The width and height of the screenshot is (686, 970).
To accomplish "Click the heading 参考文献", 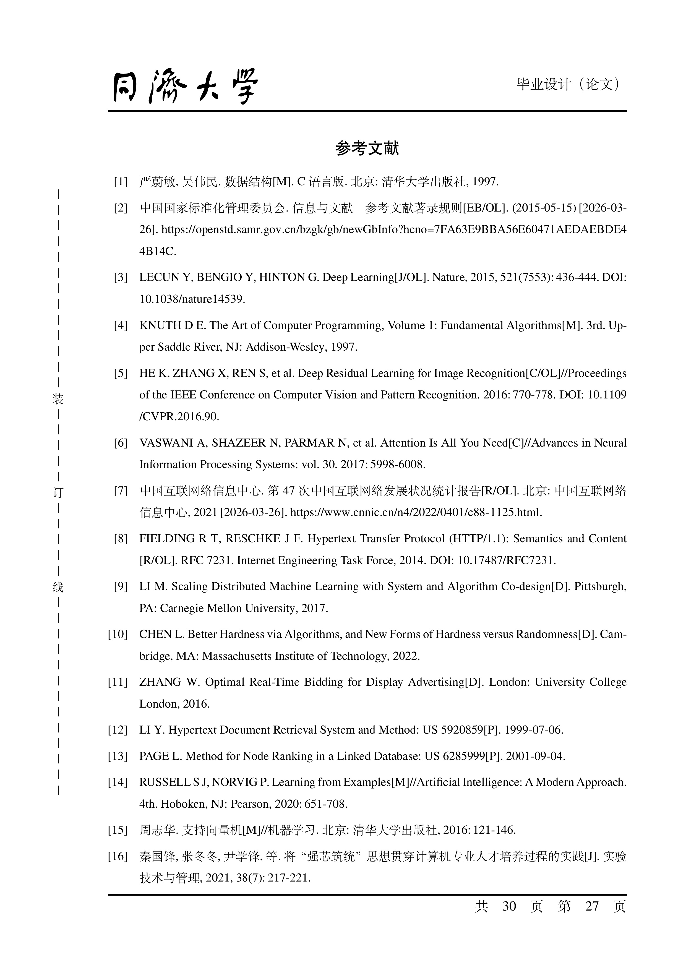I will [x=367, y=148].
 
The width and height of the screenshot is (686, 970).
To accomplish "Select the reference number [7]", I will [x=120, y=491].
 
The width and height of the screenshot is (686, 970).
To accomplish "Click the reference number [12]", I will [x=118, y=730].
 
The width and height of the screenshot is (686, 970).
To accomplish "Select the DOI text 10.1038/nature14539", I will [x=192, y=299].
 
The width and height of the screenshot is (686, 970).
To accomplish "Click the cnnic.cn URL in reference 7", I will [x=416, y=513].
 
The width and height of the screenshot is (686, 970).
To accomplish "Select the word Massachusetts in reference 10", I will [x=237, y=656].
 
